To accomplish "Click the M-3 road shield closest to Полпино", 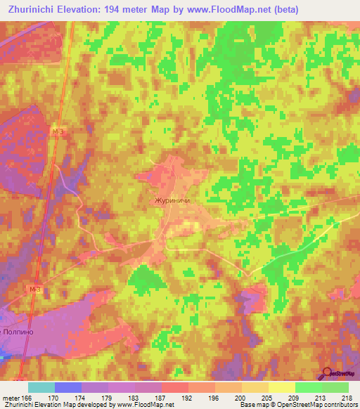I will (x=36, y=289).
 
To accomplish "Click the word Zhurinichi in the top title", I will (x=34, y=9).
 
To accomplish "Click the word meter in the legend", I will (x=12, y=398).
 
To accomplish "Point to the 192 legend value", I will (x=188, y=398).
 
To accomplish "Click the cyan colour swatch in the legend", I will (x=41, y=387).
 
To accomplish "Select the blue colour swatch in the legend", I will (x=68, y=387).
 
